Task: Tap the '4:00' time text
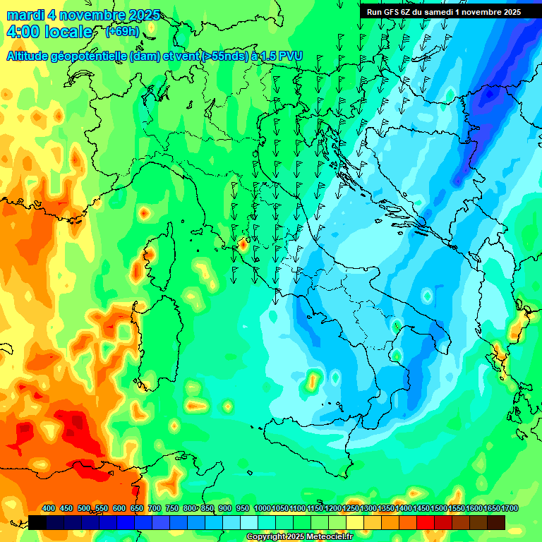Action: click(x=22, y=32)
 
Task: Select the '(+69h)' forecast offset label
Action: click(x=121, y=32)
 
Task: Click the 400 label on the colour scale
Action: click(x=49, y=509)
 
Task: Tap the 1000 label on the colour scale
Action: click(x=262, y=509)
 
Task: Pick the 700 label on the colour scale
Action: click(x=155, y=509)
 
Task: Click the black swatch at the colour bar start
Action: click(x=37, y=522)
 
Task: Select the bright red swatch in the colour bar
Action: click(x=426, y=522)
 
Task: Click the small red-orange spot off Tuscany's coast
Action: click(x=243, y=245)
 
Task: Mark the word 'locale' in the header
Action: click(x=66, y=32)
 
